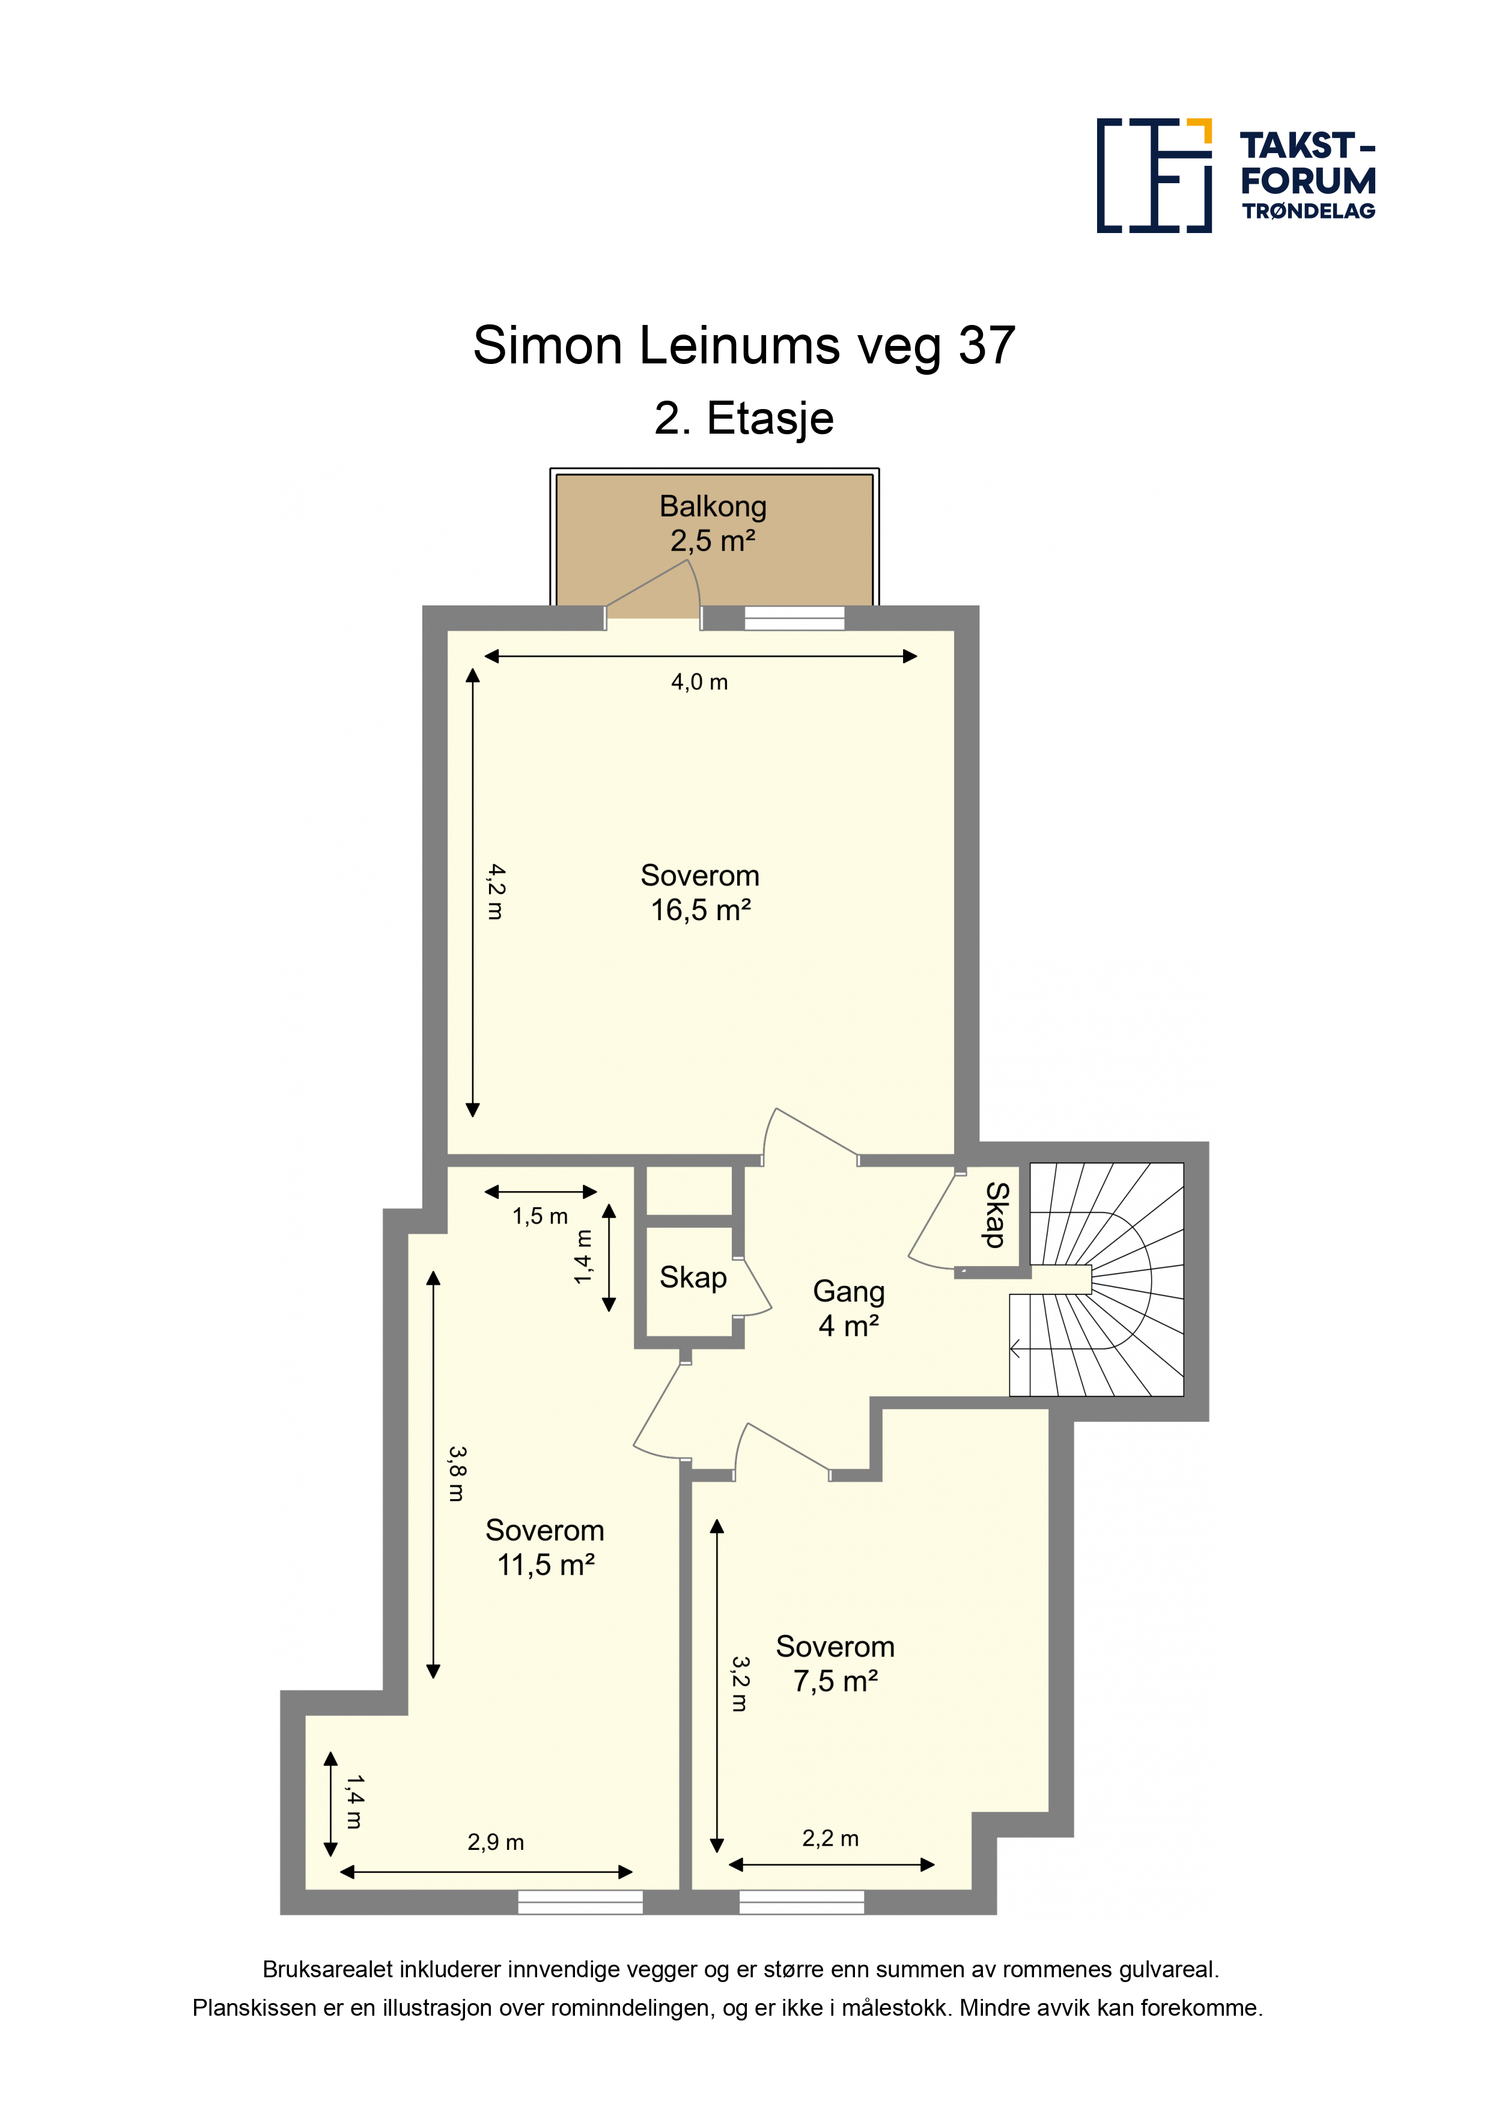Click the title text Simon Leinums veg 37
coord(744,346)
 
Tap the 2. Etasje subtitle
coord(744,419)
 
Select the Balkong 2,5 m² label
coord(713,523)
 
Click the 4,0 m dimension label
coord(699,682)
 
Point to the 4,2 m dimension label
coord(496,891)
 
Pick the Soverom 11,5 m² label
coord(546,1547)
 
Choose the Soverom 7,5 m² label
coord(836,1664)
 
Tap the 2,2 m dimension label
coord(831,1838)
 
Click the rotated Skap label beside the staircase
coord(996,1215)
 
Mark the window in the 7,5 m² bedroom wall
coord(801,1902)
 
